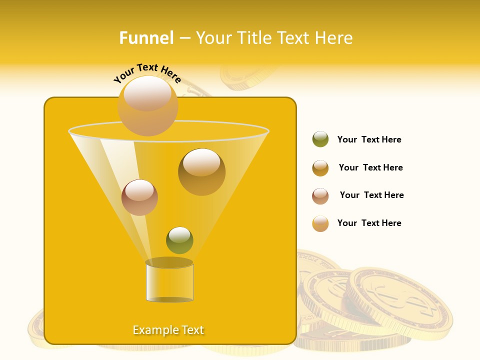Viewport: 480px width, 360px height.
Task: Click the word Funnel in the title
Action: [146, 38]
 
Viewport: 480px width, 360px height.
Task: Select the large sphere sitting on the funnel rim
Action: [147, 105]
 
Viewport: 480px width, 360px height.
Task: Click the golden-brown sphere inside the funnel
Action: [201, 171]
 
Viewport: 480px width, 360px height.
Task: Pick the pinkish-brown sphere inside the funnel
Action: [139, 197]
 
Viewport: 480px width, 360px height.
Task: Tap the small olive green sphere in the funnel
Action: [179, 240]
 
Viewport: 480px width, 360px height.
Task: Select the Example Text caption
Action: [168, 330]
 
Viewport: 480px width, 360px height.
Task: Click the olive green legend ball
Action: [320, 139]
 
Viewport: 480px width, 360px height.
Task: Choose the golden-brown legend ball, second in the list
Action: [320, 168]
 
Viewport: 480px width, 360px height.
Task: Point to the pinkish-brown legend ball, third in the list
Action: [320, 196]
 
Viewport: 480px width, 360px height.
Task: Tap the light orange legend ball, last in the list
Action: [320, 223]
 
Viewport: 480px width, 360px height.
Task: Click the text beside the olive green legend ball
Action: [369, 140]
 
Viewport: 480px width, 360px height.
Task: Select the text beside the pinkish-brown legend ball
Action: [371, 195]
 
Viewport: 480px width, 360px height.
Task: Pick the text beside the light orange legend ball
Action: [369, 223]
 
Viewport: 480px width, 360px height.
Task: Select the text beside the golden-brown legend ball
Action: [370, 168]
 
